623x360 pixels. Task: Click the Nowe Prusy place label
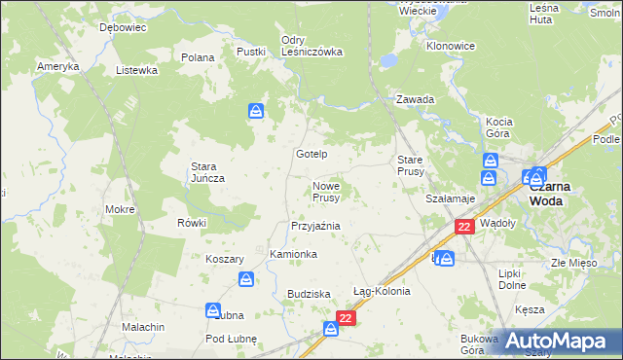pos(325,192)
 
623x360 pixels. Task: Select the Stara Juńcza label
pos(207,172)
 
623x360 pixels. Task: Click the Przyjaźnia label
pos(314,226)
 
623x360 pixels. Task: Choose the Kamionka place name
pos(293,254)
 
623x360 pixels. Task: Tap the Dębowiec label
pos(123,28)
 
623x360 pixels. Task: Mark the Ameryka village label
pos(57,66)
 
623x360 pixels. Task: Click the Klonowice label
pos(450,46)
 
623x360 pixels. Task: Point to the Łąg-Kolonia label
pos(382,291)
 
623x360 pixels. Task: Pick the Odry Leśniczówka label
pos(311,46)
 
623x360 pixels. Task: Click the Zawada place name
pos(415,99)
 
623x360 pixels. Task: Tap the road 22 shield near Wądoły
pos(464,226)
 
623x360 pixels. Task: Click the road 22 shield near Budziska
pos(346,317)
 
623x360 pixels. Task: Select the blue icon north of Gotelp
pos(255,112)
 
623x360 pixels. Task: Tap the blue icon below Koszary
pos(247,280)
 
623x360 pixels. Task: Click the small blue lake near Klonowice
pos(388,60)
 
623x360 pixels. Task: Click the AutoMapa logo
pos(560,341)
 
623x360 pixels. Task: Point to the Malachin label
pos(143,327)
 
